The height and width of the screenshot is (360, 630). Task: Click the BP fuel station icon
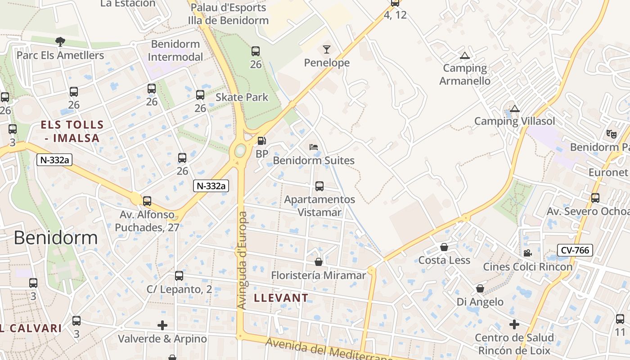[261, 141]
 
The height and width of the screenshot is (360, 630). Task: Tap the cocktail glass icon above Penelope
[327, 49]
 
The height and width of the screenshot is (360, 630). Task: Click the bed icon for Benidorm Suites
[314, 147]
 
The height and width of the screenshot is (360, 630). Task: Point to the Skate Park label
[242, 97]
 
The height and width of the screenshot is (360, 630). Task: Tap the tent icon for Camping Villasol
[515, 108]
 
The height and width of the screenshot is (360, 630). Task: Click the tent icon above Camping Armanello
[465, 56]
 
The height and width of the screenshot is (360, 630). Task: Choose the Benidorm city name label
[55, 238]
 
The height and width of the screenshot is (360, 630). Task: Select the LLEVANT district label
[281, 297]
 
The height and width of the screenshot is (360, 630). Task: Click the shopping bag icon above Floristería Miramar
[319, 261]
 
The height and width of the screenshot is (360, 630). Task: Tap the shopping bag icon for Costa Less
[444, 247]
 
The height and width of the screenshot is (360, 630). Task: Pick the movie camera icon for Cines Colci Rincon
[527, 253]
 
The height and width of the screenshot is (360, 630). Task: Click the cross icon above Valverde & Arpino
[162, 325]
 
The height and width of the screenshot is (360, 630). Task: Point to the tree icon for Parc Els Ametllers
[60, 42]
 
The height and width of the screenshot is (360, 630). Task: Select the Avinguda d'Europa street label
[242, 261]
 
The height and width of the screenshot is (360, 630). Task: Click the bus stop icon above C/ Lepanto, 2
[179, 276]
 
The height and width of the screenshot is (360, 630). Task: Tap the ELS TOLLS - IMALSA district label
[72, 131]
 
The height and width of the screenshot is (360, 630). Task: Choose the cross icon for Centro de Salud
[514, 324]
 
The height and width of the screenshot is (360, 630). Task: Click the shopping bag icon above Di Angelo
[480, 288]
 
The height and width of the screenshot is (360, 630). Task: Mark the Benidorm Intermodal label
[175, 50]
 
